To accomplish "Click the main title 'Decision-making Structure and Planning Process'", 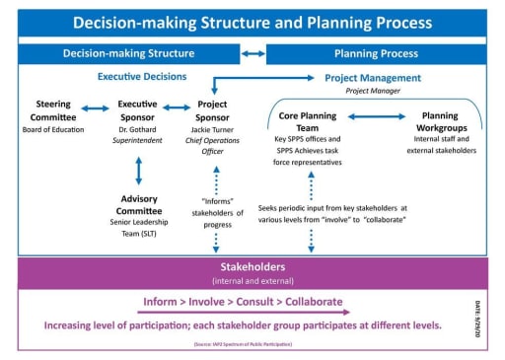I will pos(252,22).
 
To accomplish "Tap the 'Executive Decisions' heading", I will pos(144,75).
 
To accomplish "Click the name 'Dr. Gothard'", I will pos(138,128).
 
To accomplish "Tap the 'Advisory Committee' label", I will pos(138,205).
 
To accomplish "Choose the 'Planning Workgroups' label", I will pos(439,122).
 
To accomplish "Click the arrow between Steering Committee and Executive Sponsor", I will pos(95,108).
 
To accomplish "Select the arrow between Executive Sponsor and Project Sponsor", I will pos(179,108).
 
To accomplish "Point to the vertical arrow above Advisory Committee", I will pos(138,169).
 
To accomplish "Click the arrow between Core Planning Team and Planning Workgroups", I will pos(378,116).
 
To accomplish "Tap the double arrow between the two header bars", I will pos(252,53).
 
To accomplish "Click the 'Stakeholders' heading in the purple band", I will pos(252,266).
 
